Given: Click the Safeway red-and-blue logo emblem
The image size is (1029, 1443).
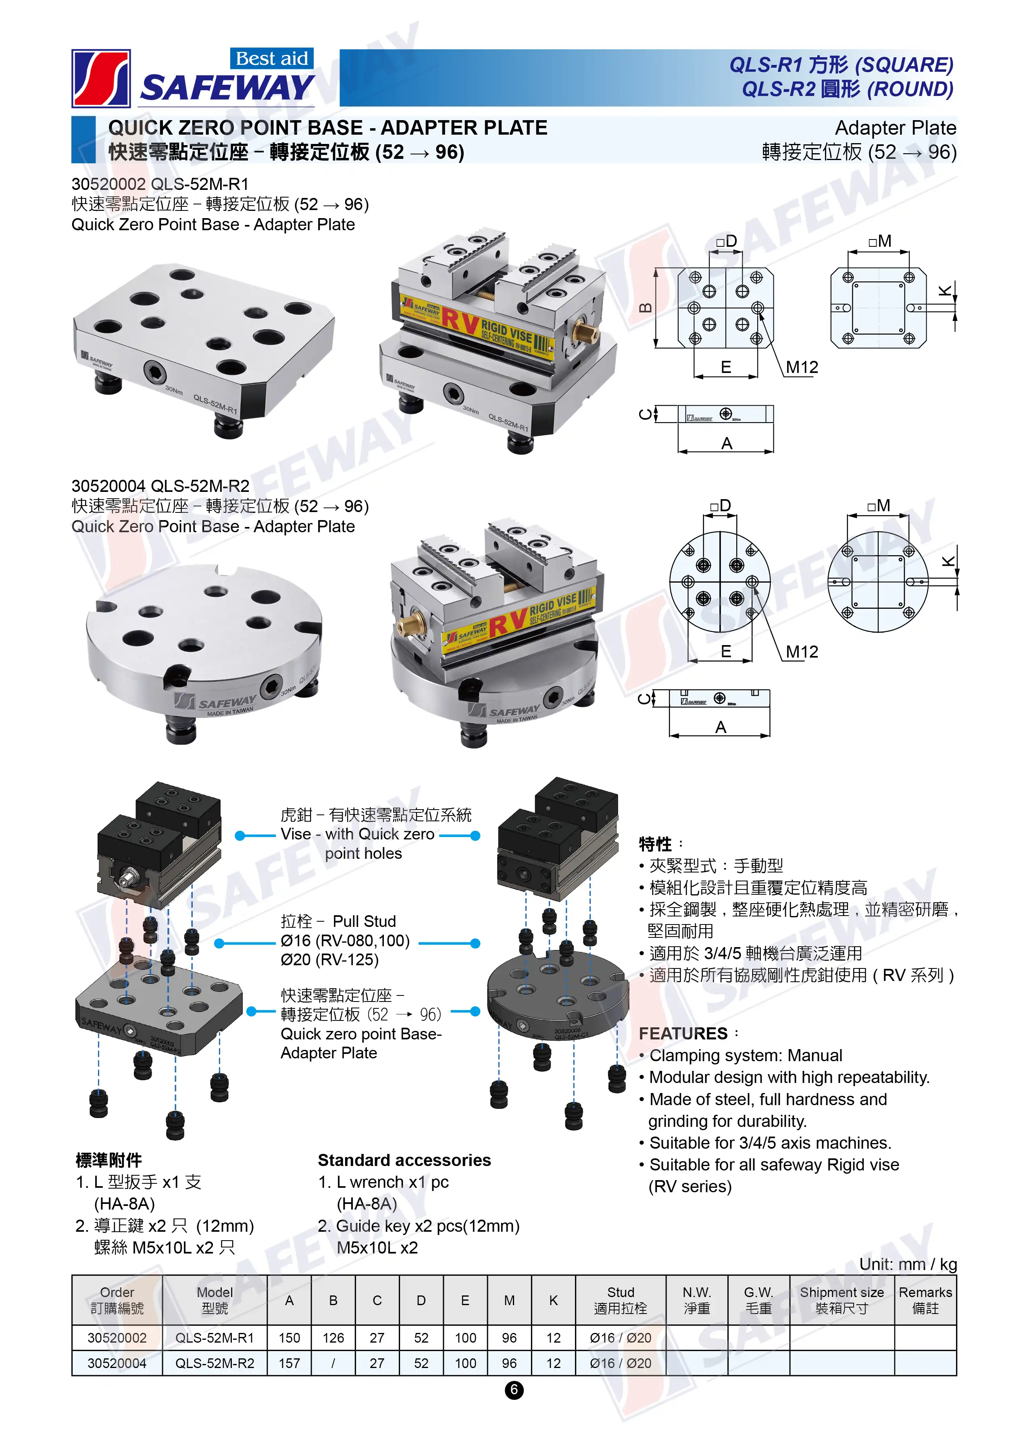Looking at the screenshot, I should [101, 79].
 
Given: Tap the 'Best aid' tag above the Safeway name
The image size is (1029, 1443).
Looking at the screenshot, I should [271, 58].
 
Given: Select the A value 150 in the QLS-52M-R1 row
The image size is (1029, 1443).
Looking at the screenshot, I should [289, 1337].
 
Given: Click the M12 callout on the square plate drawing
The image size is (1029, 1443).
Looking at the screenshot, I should [802, 367].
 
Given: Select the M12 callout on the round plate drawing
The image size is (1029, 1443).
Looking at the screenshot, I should [802, 652].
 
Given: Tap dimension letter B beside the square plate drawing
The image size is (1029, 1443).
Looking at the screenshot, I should [646, 308].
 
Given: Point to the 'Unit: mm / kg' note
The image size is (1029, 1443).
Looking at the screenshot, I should [907, 1264].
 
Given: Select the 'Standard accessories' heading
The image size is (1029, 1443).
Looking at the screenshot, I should [404, 1160].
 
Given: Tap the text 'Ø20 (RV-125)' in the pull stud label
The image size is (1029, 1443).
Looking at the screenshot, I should [329, 960].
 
